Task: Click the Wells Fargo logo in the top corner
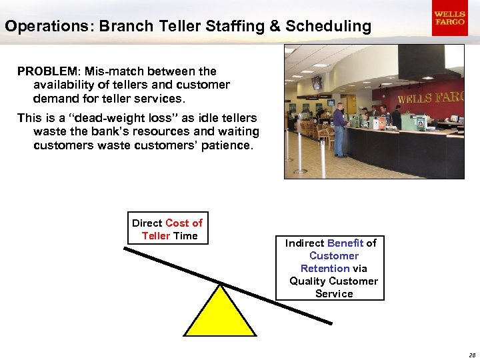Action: point(449,18)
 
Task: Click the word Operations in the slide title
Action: point(41,27)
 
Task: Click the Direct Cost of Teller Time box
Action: point(167,229)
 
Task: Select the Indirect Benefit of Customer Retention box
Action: point(331,268)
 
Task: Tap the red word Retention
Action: point(325,269)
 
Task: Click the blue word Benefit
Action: point(345,243)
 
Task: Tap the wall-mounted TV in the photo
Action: point(316,83)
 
